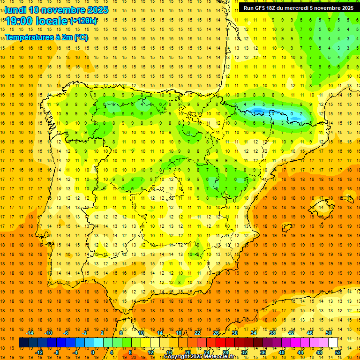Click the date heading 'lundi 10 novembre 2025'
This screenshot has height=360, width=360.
pyautogui.click(x=56, y=10)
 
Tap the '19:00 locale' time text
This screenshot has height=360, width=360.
pyautogui.click(x=37, y=21)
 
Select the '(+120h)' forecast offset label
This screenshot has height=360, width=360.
pyautogui.click(x=83, y=21)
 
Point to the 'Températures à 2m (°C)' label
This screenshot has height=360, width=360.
pyautogui.click(x=46, y=37)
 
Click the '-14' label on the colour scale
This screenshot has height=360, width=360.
pyautogui.click(x=30, y=332)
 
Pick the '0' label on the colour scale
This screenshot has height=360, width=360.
pyautogui.click(x=92, y=352)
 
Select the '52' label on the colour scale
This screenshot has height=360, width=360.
pyautogui.click(x=337, y=352)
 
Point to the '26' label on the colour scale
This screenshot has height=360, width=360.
pyautogui.click(x=216, y=332)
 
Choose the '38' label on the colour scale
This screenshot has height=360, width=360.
pyautogui.click(x=272, y=332)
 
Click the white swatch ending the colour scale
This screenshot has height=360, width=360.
pyautogui.click(x=333, y=342)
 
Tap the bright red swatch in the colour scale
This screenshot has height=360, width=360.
pyautogui.click(x=220, y=342)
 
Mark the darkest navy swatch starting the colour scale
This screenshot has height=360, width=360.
pyautogui.click(x=23, y=342)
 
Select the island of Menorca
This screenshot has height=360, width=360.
pyautogui.click(x=347, y=199)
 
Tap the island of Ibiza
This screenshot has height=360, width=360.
pyautogui.click(x=287, y=227)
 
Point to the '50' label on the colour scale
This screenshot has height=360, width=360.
pyautogui.click(x=328, y=332)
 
